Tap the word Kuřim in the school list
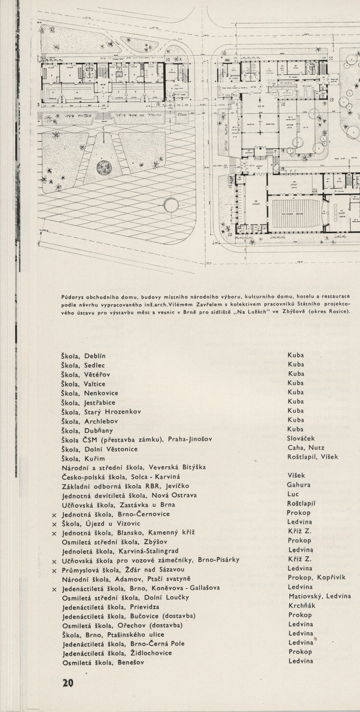[x=95, y=459]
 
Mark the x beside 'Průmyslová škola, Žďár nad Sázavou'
[x=54, y=569]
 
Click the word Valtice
[x=95, y=384]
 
